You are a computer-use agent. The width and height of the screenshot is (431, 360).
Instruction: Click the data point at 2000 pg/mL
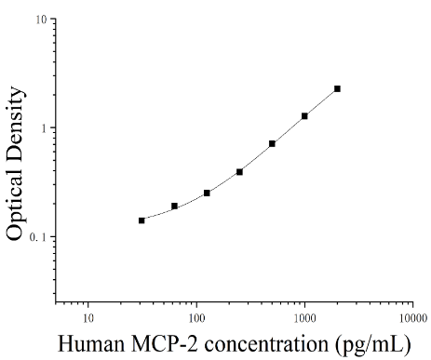click(337, 89)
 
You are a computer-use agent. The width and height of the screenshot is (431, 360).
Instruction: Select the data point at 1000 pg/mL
click(304, 116)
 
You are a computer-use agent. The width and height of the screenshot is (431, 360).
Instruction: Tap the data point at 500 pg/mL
click(272, 144)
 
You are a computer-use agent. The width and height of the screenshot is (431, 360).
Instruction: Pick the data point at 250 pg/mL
click(239, 172)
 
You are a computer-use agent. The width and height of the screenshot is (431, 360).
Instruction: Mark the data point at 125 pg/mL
click(207, 193)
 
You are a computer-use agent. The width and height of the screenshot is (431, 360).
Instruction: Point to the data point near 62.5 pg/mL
click(174, 207)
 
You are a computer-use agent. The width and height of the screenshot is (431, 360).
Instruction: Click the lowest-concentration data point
click(141, 220)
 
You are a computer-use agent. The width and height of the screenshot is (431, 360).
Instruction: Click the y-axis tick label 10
click(41, 20)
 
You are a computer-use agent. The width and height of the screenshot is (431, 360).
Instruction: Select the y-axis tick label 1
click(44, 128)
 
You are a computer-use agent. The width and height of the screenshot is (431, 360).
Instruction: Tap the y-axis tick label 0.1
click(38, 237)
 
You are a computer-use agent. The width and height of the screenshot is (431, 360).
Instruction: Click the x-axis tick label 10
click(88, 318)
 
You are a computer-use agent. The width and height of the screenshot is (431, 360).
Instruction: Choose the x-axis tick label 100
click(196, 318)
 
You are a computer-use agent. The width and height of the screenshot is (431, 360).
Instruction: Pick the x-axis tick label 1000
click(304, 318)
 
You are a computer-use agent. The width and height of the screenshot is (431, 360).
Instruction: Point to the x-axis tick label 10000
click(413, 318)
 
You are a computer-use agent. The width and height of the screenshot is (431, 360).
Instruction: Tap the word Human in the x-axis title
click(91, 344)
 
